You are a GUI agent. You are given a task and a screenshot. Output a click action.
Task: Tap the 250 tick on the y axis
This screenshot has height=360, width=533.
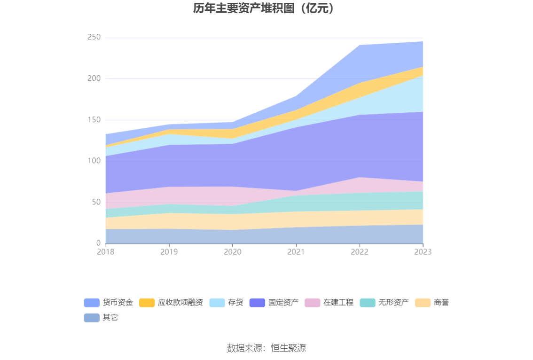coord(94,37)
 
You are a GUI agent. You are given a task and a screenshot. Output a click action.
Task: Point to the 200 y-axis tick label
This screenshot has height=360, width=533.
coord(94,78)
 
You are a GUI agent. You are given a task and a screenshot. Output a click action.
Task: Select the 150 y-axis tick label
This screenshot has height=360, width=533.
coord(94,120)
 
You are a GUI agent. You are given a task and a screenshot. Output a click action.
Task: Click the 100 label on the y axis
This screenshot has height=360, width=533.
coord(94,161)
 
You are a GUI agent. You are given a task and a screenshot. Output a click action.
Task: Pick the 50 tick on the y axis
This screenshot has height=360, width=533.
coord(96,202)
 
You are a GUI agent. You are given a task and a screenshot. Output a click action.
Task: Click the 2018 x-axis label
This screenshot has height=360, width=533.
coord(106,252)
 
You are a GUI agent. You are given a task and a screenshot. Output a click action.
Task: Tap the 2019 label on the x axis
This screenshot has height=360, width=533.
coord(169,252)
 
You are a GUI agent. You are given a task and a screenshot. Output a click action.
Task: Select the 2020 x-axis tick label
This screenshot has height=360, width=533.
coord(233,252)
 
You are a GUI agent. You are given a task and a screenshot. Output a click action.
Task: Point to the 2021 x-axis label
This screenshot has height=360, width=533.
coord(296,252)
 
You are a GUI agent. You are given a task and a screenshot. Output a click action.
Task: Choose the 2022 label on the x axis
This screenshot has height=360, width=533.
coord(360,252)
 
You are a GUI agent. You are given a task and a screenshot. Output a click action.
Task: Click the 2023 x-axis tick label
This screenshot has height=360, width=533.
coord(423,252)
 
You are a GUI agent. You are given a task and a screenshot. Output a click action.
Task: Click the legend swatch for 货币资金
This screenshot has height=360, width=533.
coord(92,303)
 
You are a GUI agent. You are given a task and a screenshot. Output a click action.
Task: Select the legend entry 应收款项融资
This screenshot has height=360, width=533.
coord(171,303)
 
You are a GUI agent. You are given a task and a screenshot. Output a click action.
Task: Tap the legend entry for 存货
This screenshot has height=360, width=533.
coord(227,303)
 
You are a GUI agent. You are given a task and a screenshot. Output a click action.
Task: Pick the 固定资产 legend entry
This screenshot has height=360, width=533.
coord(274,303)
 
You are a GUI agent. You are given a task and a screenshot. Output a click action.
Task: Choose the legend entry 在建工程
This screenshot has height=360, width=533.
coord(329,303)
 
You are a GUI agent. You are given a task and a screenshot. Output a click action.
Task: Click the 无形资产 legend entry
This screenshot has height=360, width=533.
coord(384,303)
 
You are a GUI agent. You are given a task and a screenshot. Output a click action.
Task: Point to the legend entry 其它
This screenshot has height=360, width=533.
coord(101,318)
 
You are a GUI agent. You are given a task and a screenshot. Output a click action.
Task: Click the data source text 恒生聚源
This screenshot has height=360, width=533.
coord(288,348)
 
